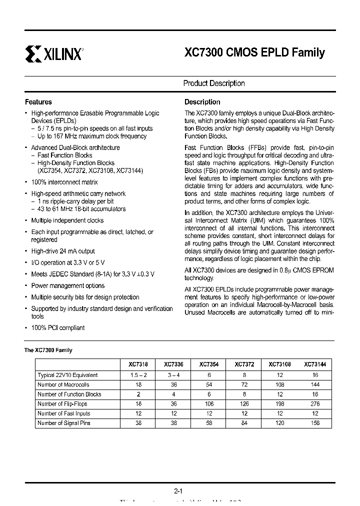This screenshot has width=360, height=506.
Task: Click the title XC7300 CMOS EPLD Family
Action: pyautogui.click(x=254, y=52)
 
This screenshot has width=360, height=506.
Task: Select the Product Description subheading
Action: pyautogui.click(x=214, y=83)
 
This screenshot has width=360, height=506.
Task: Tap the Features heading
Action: pyautogui.click(x=38, y=102)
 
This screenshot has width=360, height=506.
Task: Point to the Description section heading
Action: pyautogui.click(x=202, y=102)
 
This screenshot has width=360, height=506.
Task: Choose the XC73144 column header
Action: pyautogui.click(x=315, y=365)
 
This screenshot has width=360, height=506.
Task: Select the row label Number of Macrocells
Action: pyautogui.click(x=63, y=384)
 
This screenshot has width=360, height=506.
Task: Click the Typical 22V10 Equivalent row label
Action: pyautogui.click(x=67, y=375)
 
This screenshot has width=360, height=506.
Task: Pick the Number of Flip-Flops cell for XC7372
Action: pyautogui.click(x=244, y=404)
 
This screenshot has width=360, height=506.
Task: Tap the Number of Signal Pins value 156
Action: pyautogui.click(x=315, y=423)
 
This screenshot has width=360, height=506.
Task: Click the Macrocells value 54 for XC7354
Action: pyautogui.click(x=209, y=384)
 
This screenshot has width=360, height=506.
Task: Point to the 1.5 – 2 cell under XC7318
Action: pyautogui.click(x=138, y=375)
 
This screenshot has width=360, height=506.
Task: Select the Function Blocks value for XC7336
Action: pyautogui.click(x=173, y=394)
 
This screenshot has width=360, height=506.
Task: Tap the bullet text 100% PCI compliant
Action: pyautogui.click(x=58, y=328)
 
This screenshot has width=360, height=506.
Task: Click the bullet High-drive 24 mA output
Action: pyautogui.click(x=63, y=251)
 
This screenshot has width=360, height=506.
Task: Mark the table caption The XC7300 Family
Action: pyautogui.click(x=48, y=350)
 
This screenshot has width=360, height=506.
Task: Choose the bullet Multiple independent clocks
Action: pyautogui.click(x=67, y=220)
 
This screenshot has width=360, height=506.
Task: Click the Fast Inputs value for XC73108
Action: pyautogui.click(x=279, y=413)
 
